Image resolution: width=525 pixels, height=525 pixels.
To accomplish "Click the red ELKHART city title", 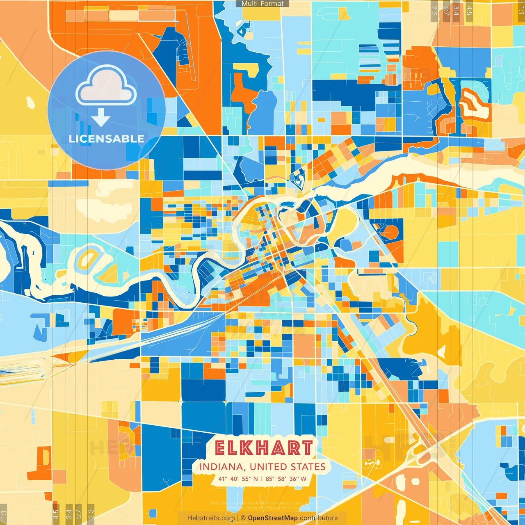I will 263,448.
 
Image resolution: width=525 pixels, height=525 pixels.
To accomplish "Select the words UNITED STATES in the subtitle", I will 288,467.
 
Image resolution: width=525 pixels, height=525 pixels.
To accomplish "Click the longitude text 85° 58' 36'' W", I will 286,479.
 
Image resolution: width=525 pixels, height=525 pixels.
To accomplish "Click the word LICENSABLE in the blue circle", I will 106,139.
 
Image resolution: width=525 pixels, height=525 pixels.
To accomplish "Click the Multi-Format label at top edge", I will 262,4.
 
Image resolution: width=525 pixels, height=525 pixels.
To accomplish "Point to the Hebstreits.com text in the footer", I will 211,518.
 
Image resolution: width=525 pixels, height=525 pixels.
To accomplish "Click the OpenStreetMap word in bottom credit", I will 273,518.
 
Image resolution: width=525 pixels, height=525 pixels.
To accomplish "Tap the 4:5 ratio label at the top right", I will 469,11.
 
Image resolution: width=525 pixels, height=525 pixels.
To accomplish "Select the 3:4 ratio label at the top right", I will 456,11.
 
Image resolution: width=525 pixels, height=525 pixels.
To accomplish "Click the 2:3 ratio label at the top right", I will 434,11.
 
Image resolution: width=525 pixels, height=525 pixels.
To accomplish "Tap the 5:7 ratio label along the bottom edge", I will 79,514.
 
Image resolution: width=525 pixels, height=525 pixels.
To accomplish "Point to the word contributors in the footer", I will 319,518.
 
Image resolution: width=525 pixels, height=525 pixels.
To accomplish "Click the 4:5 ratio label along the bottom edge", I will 56,514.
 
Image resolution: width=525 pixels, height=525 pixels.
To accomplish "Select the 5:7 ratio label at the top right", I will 446,11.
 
